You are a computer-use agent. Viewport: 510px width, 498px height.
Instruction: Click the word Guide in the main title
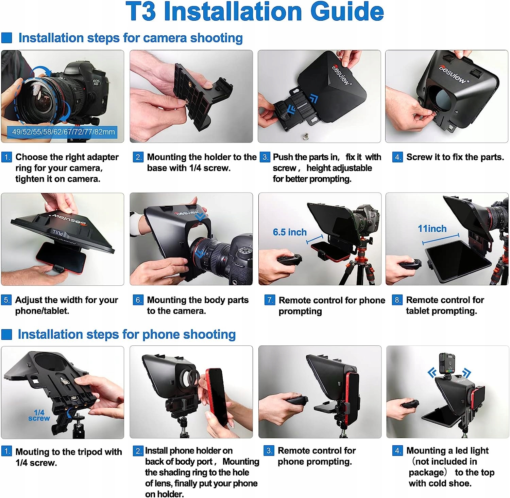pos(347,12)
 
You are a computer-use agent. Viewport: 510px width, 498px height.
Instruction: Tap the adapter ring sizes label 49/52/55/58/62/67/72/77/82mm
pos(63,132)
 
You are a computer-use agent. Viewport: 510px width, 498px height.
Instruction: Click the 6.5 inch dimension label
pos(290,232)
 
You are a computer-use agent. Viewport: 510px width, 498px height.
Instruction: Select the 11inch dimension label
pos(432,229)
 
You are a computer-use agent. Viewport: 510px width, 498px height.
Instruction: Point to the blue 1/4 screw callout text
pos(39,415)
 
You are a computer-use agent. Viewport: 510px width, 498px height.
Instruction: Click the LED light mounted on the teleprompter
pos(447,363)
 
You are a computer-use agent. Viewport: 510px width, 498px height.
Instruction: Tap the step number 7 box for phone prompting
pos(270,300)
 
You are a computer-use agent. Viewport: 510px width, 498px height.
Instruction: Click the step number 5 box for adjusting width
pos(6,300)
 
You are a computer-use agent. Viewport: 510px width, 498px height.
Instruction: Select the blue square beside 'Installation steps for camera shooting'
pos(7,38)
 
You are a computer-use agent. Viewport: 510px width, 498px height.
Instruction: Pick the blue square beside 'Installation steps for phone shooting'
pos(7,334)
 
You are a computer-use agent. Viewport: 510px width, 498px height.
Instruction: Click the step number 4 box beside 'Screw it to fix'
pos(397,157)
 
